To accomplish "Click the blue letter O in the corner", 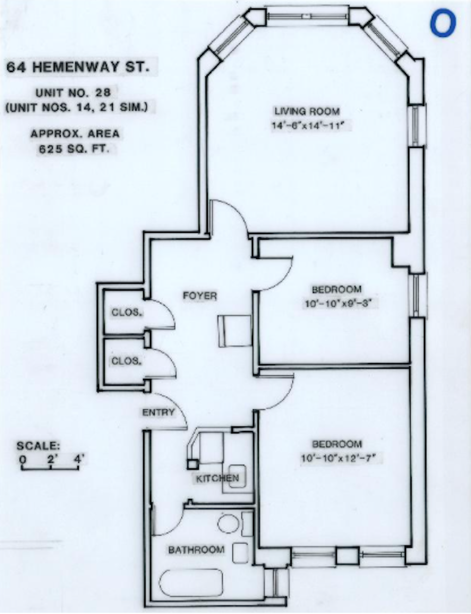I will point(443,24).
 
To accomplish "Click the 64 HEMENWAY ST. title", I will point(78,67).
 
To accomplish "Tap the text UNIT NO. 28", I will point(73,93).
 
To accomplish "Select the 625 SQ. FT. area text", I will point(73,149).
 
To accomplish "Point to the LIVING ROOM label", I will point(307,111).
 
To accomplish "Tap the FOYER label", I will point(199,296).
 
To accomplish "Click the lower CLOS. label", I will point(125,361).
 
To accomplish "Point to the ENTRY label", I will point(158,413).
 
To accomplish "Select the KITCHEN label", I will point(217,478).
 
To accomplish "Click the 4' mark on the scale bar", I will point(79,460).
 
